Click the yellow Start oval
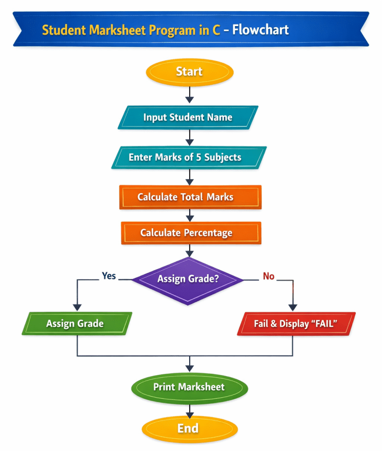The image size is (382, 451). coord(189,72)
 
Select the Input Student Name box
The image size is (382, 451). coord(188,117)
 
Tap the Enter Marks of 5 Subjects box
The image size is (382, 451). coord(189,157)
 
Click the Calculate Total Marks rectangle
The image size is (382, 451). coord(190,197)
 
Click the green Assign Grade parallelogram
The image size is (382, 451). coord(76,324)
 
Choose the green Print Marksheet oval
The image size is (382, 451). coord(189,387)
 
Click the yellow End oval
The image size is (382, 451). coord(189,429)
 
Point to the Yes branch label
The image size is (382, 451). coord(109,276)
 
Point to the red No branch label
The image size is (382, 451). coord(269,276)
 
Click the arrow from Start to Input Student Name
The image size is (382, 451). coord(189,94)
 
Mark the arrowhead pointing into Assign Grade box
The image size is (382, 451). coord(77,307)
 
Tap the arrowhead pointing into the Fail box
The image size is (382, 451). coord(292,307)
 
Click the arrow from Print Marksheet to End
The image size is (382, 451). coord(189,408)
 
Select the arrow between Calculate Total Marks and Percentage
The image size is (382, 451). coord(190,215)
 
